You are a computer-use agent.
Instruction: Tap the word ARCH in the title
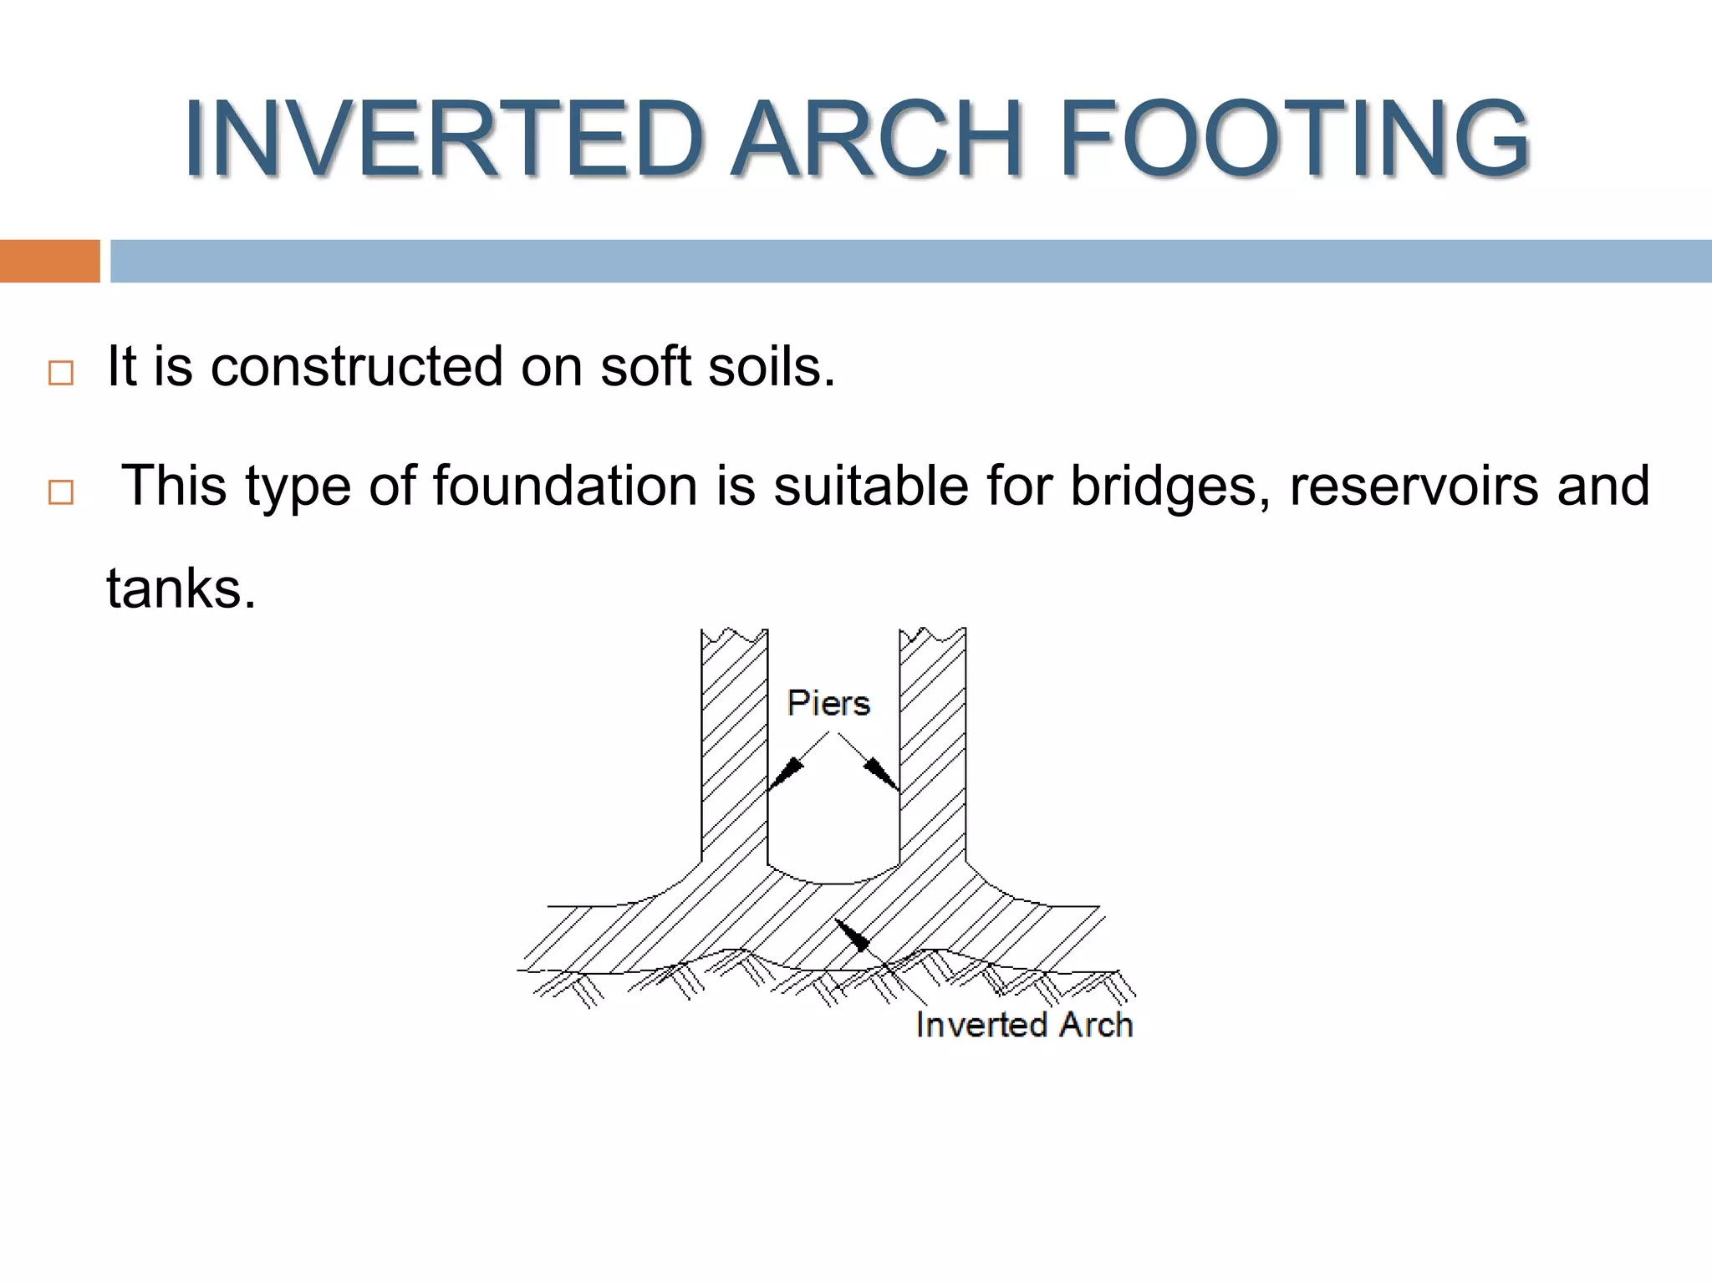coord(877,139)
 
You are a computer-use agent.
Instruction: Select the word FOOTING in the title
coord(1293,139)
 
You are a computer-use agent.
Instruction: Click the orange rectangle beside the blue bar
coord(49,261)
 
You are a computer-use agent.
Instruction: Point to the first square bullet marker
coord(60,373)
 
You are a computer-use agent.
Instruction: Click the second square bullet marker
coord(60,492)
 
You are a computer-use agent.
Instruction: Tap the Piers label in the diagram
coord(828,703)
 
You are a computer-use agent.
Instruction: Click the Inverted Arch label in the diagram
coord(1024,1025)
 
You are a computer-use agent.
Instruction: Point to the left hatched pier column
coord(734,752)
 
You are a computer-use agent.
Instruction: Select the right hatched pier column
coord(932,752)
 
